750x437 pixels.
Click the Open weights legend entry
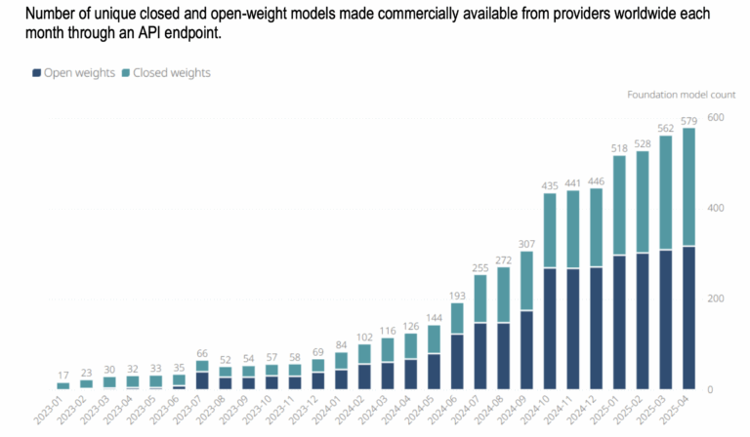tap(74, 73)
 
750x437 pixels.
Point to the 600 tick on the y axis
tap(715, 117)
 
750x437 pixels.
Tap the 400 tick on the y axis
tap(715, 208)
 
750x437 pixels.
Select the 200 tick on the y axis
tap(715, 298)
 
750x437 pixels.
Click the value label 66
tap(201, 352)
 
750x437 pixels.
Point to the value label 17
tap(63, 375)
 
